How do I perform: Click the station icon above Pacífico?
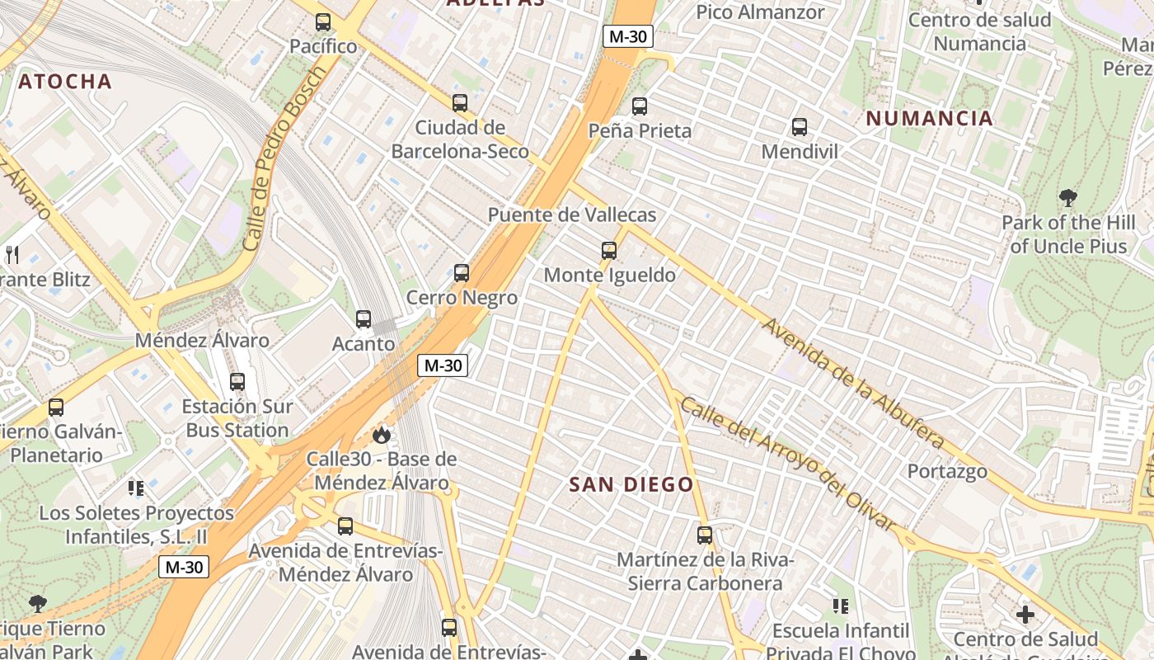pyautogui.click(x=323, y=22)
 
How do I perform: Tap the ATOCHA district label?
pyautogui.click(x=65, y=81)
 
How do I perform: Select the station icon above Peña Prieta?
pyautogui.click(x=640, y=106)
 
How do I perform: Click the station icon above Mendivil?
pyautogui.click(x=800, y=127)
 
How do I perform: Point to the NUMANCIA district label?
pyautogui.click(x=929, y=118)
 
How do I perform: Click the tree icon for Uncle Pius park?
pyautogui.click(x=1068, y=198)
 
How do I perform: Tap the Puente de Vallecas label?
pyautogui.click(x=572, y=215)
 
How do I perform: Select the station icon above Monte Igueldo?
pyautogui.click(x=609, y=250)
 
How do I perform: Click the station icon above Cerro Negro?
pyautogui.click(x=462, y=273)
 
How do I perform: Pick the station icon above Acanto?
pyautogui.click(x=364, y=319)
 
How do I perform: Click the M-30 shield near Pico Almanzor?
pyautogui.click(x=628, y=36)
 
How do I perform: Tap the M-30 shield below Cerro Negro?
pyautogui.click(x=443, y=365)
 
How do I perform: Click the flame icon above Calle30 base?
pyautogui.click(x=381, y=434)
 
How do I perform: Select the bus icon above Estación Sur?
pyautogui.click(x=237, y=382)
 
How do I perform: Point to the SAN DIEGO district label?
pyautogui.click(x=631, y=484)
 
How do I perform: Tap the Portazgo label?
pyautogui.click(x=947, y=471)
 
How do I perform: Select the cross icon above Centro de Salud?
pyautogui.click(x=1025, y=615)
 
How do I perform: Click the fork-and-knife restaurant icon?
pyautogui.click(x=12, y=254)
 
